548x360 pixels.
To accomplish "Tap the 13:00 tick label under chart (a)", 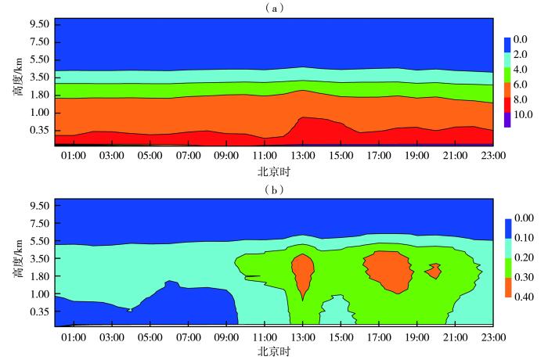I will [x=303, y=157].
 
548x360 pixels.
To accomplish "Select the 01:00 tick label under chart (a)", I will [x=74, y=157].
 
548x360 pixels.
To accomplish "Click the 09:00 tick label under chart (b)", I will [x=226, y=338].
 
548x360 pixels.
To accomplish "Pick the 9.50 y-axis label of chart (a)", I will [x=40, y=23].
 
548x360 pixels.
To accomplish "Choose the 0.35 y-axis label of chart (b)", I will [x=40, y=311].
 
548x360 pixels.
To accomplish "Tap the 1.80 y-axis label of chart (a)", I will [x=40, y=95].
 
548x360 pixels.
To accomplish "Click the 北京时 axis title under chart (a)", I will [x=275, y=171].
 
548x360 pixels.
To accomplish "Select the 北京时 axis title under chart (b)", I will [x=275, y=351].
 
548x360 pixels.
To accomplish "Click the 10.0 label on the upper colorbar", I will [x=523, y=115].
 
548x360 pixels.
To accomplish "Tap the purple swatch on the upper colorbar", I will [x=507, y=119].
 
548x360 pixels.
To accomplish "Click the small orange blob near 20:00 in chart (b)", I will [x=433, y=270].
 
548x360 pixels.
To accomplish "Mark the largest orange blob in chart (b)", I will [x=388, y=270].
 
